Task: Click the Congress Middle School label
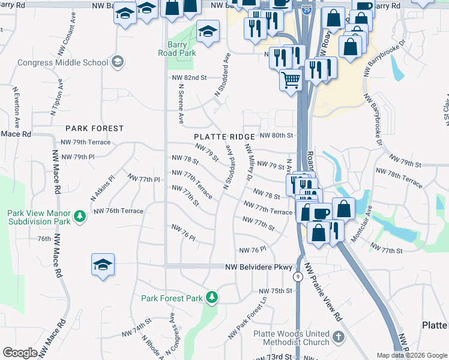point(62,62)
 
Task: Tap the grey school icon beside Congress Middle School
point(118,61)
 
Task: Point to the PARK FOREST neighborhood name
point(94,128)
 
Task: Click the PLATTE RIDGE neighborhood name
point(224,137)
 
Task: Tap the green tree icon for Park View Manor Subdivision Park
point(78,215)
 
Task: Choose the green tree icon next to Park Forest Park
point(211,298)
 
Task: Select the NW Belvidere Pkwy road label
point(258,267)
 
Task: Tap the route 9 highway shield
point(297,277)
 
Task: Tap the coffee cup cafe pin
point(321,212)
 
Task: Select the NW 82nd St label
point(188,78)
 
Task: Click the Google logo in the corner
point(20,353)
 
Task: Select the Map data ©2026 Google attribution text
point(412,355)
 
